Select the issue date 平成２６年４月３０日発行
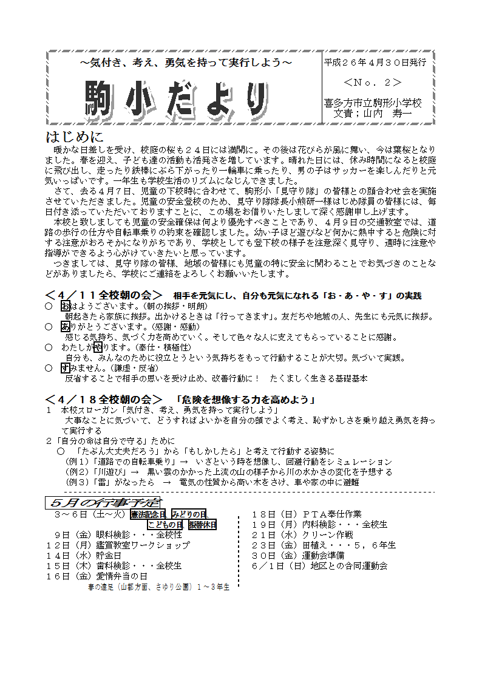[375, 63]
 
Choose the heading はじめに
[75, 137]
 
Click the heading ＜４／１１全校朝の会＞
[104, 295]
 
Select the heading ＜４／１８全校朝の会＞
[104, 400]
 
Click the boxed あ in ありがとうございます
[66, 327]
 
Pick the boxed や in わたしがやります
[97, 347]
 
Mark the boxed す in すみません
[66, 368]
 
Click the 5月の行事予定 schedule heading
[102, 502]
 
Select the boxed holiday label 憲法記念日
[148, 514]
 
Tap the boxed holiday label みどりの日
[189, 514]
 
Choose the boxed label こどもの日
[165, 525]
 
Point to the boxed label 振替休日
[202, 525]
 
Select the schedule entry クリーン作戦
[328, 535]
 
